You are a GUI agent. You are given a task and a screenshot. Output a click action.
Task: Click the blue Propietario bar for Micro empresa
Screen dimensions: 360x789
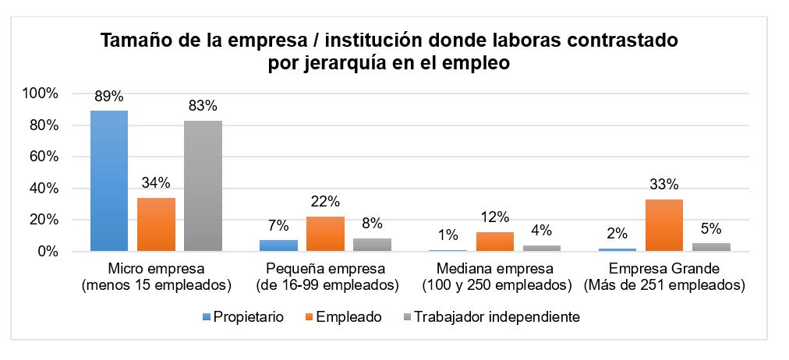click(109, 181)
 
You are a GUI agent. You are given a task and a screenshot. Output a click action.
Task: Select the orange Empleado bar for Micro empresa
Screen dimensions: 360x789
click(156, 224)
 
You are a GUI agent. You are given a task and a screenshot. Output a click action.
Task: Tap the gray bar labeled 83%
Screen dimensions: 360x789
click(203, 185)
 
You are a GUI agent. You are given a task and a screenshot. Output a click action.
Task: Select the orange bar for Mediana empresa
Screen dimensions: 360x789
click(494, 242)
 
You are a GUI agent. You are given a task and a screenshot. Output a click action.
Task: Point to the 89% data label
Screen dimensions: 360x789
click(109, 97)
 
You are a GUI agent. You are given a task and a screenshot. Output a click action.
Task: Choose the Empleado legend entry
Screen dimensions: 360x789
click(347, 317)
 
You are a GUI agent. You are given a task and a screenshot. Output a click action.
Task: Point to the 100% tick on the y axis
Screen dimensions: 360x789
click(41, 94)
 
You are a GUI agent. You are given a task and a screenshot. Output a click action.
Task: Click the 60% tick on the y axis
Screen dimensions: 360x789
click(44, 157)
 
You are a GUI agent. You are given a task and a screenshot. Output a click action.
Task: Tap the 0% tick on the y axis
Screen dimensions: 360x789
click(47, 252)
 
